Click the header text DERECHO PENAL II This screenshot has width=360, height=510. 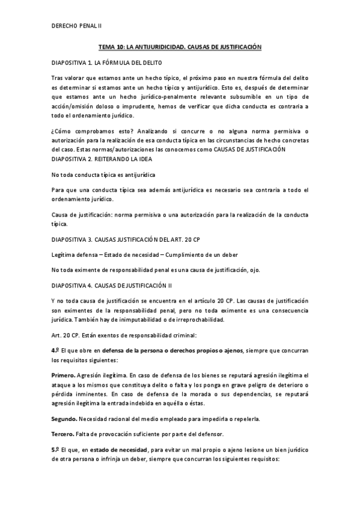click(x=78, y=26)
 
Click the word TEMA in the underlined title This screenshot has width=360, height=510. click(x=106, y=46)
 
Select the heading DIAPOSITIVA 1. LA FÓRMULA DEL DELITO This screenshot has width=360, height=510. click(x=106, y=63)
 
